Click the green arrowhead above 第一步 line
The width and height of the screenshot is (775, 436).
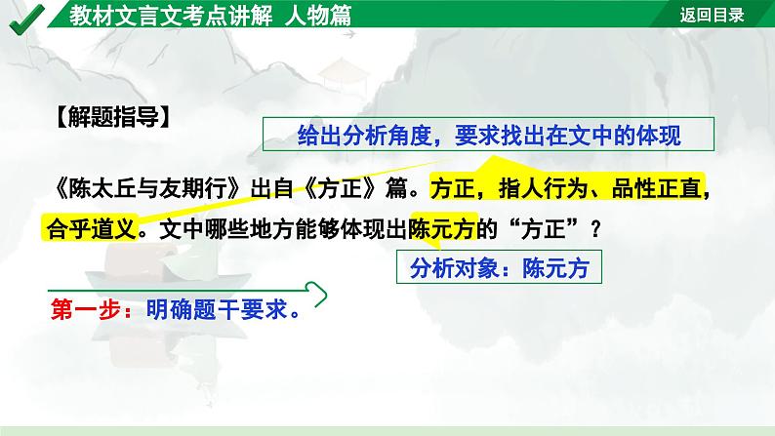tap(315, 290)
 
